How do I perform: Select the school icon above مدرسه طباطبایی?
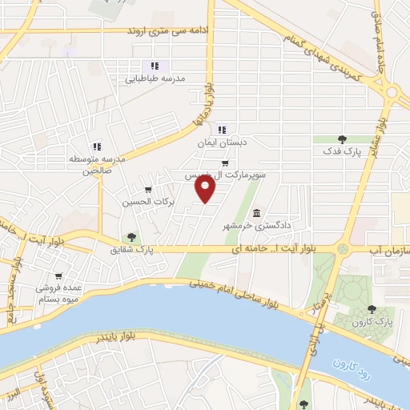pos(154,66)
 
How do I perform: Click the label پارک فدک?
pos(342,151)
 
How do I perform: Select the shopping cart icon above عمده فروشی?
pos(41,275)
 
